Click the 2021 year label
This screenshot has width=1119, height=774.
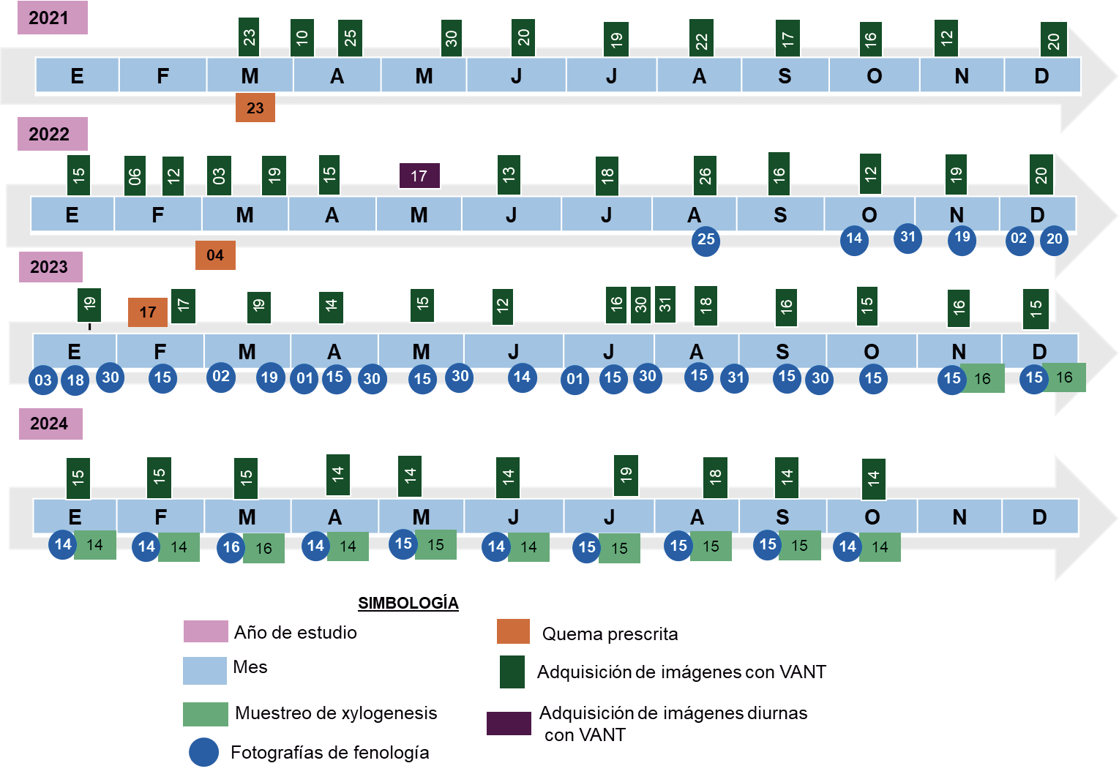52,18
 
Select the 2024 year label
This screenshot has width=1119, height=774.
50,424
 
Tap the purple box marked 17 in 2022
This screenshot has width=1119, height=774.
419,176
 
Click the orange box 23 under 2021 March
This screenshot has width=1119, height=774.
255,108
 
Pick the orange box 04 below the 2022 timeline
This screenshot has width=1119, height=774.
215,255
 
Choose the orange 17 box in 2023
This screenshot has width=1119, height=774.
147,312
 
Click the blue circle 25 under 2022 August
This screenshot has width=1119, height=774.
706,240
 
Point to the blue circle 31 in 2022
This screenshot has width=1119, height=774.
907,237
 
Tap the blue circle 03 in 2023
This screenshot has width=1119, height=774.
43,380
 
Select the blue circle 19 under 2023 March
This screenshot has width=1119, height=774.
270,377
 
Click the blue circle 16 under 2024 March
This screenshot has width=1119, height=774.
231,547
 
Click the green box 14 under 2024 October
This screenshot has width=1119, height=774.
880,547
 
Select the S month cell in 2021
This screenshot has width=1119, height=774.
785,75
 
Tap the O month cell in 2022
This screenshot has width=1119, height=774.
869,214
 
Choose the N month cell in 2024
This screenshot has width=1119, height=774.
959,516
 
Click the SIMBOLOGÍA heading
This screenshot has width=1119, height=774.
408,603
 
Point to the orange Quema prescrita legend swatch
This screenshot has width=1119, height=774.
513,631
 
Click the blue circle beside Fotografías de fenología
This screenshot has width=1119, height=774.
203,752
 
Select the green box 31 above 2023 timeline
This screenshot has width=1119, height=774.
665,304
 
